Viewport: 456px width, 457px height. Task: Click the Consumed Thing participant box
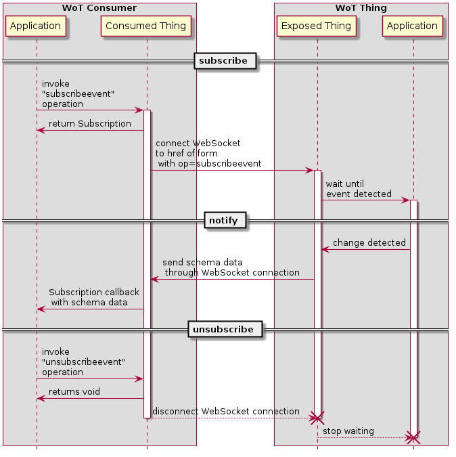(x=146, y=26)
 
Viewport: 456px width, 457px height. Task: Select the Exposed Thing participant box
(x=316, y=26)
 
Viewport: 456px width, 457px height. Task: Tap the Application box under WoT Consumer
(x=36, y=26)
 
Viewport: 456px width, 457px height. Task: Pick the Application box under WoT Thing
(x=413, y=26)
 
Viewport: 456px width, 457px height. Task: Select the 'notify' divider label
(x=223, y=221)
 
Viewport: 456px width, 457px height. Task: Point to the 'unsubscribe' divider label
(x=223, y=330)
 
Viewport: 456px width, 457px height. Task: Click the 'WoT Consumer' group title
(x=99, y=8)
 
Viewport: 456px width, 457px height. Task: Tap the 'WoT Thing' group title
(x=361, y=8)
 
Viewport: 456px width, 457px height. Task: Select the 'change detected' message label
(x=369, y=243)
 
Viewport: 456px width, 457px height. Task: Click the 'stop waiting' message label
(x=348, y=431)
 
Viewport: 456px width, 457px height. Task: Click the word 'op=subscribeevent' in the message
(x=219, y=165)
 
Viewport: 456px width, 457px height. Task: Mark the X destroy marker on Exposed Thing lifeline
(x=317, y=418)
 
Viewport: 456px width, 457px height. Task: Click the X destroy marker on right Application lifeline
(x=413, y=438)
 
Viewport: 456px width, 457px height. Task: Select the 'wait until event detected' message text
(x=358, y=189)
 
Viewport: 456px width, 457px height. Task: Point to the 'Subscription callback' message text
(x=94, y=292)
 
